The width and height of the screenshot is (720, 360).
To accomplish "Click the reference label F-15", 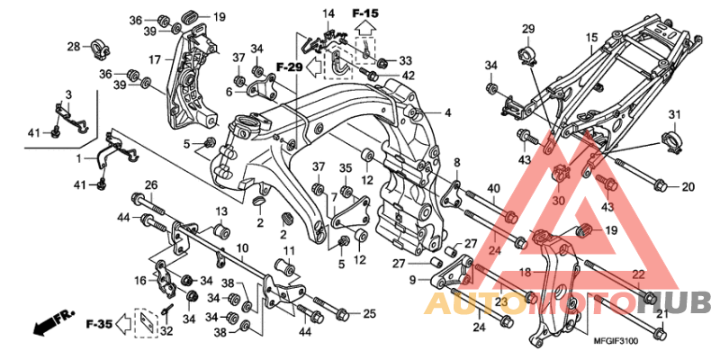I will pos(366,13).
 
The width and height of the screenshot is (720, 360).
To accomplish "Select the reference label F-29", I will pos(289,67).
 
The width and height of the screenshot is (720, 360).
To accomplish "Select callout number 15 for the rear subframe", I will pos(591,38).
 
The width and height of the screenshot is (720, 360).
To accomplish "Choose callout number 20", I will pos(688,187).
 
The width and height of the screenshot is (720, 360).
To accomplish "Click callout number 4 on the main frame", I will pos(446,113).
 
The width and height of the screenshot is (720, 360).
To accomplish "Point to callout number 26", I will pos(150,185).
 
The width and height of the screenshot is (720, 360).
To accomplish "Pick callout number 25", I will pos(369,313).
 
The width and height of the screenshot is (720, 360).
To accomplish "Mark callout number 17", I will pos(154,59).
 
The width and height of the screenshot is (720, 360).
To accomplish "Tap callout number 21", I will pos(661,314).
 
